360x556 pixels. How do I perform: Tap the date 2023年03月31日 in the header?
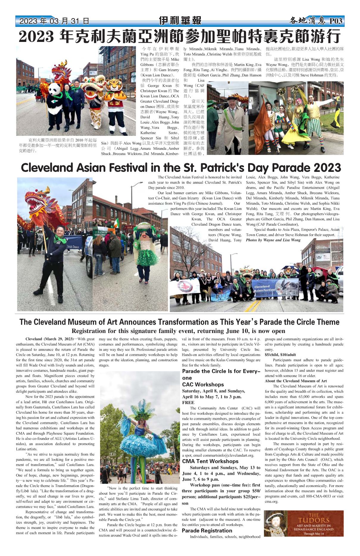click(54, 21)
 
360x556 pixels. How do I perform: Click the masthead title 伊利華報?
click(180, 21)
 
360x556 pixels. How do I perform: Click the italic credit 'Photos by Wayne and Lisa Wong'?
click(273, 240)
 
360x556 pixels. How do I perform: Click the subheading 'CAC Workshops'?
click(203, 384)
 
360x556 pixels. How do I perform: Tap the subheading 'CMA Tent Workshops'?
click(210, 461)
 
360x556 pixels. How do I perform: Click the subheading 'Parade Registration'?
click(207, 530)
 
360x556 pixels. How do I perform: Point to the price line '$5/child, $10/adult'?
click(280, 355)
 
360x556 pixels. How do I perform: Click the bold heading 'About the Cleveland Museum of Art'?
click(296, 381)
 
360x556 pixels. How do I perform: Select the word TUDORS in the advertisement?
click(314, 520)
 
